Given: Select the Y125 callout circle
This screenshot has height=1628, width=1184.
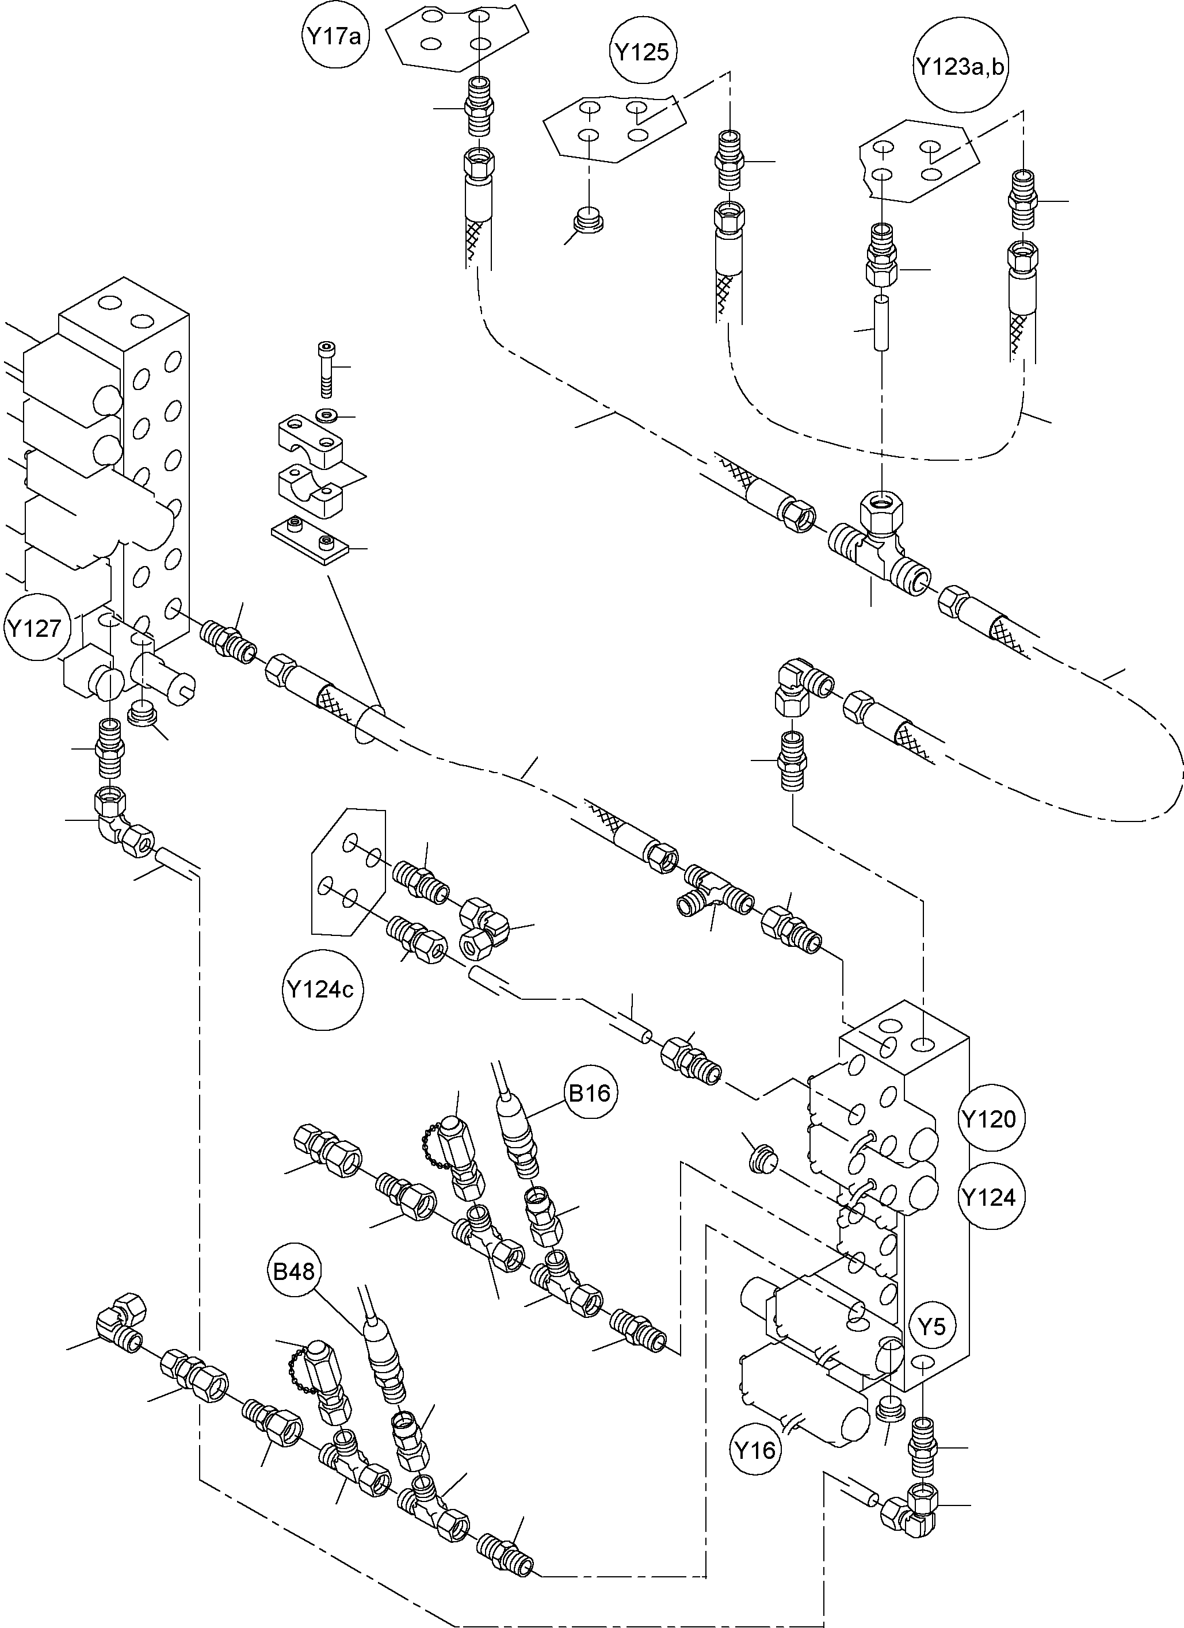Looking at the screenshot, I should coord(643,52).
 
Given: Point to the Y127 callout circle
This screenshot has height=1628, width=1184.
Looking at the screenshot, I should coord(35,628).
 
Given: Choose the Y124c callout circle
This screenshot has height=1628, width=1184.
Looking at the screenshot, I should coord(321,990).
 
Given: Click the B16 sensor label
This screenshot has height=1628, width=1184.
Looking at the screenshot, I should coord(590,1093).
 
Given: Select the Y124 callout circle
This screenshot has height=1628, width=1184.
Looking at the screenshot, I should coord(990,1197).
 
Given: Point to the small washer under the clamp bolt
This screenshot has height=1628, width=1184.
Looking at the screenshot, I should coord(327,415).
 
